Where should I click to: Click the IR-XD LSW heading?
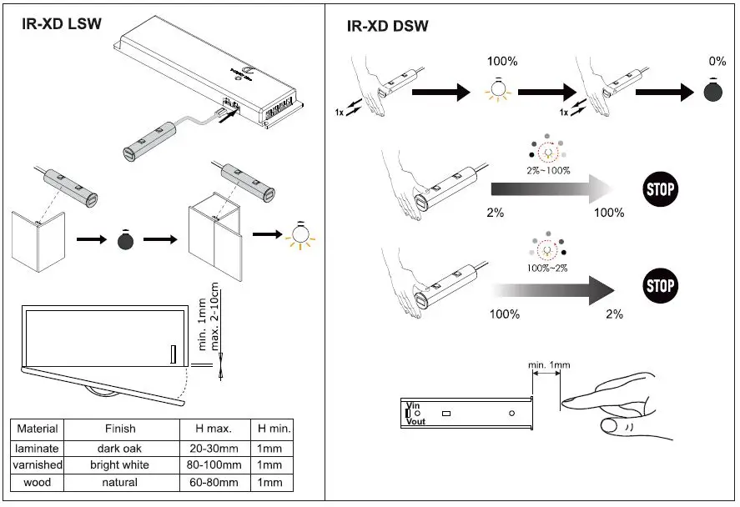[62, 23]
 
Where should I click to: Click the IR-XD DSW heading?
[387, 26]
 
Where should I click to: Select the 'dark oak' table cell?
[120, 448]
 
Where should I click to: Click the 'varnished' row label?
[38, 464]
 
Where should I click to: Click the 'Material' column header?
[38, 429]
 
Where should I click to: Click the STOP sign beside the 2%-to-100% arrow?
[660, 188]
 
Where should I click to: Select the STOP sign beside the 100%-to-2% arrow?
[660, 286]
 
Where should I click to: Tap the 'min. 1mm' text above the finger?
[549, 365]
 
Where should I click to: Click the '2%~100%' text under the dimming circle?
[548, 171]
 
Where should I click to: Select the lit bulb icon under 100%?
[500, 92]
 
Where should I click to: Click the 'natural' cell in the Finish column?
[120, 482]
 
